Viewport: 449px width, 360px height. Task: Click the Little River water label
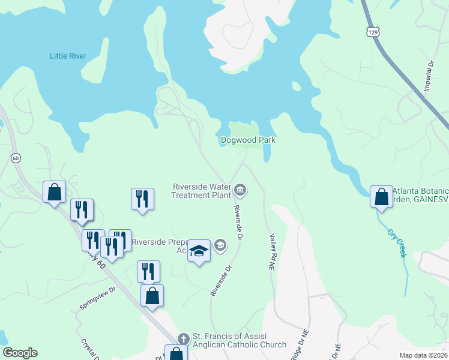[68, 56]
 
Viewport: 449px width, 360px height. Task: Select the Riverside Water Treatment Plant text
[202, 190]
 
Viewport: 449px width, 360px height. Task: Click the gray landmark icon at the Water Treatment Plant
[240, 191]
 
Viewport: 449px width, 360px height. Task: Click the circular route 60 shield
[16, 158]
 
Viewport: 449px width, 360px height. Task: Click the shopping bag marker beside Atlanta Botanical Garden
[381, 197]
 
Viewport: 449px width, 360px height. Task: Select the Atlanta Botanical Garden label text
[420, 195]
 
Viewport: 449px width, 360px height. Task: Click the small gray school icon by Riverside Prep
[220, 244]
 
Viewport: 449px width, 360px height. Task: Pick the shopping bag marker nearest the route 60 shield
[55, 193]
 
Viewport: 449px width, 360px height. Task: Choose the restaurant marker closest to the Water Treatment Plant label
[142, 199]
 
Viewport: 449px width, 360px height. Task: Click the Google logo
[20, 353]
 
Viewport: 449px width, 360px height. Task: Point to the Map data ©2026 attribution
[423, 355]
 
